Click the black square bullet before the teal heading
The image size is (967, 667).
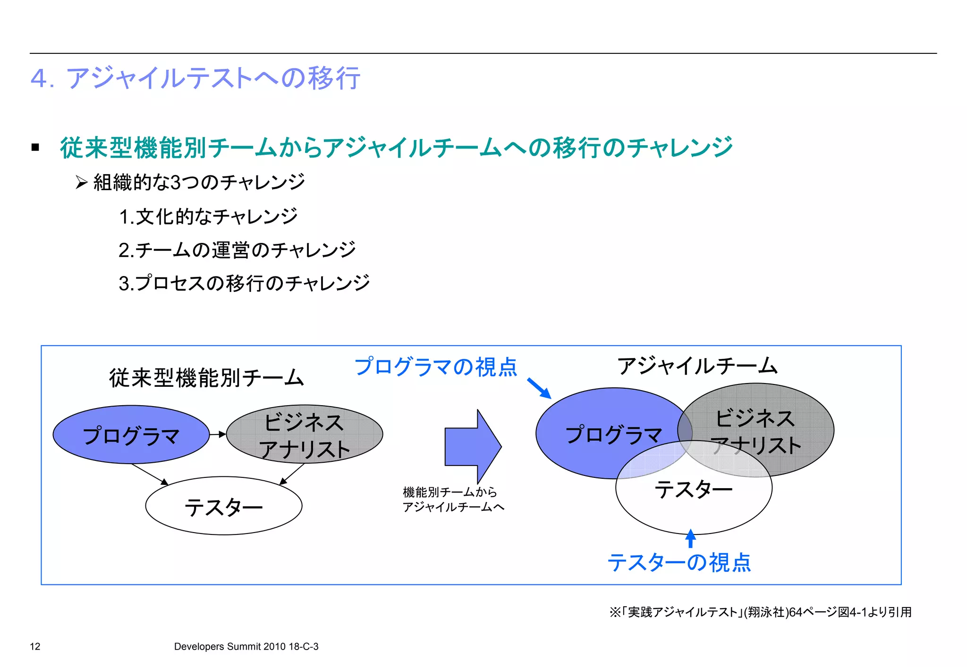(35, 148)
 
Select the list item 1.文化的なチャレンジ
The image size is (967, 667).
(208, 217)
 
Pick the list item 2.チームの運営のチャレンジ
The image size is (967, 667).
(237, 250)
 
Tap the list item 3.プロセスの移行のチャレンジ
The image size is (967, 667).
(244, 283)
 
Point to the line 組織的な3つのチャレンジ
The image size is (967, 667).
(199, 183)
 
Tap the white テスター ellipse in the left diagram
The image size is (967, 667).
(224, 506)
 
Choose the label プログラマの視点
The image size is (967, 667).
(436, 367)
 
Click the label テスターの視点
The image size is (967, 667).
(679, 563)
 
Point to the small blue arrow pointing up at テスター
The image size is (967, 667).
(691, 538)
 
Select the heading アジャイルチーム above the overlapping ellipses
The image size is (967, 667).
(697, 366)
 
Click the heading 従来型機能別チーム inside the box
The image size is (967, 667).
(206, 378)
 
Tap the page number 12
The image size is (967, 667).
(35, 647)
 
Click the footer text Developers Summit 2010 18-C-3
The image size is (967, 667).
(246, 647)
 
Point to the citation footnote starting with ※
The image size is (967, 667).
(760, 612)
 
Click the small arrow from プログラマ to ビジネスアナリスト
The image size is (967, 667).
(218, 434)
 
